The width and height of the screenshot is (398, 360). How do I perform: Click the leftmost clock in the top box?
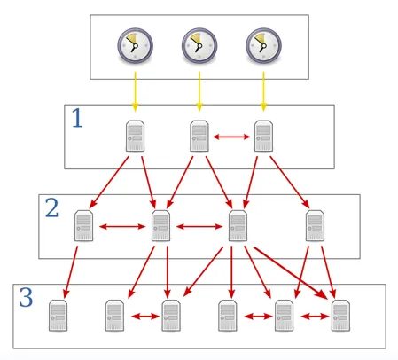[x=136, y=45]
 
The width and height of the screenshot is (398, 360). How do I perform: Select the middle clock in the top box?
[x=199, y=45]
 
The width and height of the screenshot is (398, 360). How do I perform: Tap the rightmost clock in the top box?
[x=263, y=45]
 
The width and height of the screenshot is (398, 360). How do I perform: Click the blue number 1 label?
[x=78, y=118]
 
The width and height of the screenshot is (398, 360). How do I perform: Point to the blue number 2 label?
[x=51, y=207]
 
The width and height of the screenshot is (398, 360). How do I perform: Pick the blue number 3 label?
[x=26, y=297]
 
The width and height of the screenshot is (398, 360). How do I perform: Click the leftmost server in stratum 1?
[x=136, y=136]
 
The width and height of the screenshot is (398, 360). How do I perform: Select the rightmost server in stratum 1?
[x=263, y=136]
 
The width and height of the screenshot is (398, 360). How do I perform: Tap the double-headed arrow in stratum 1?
[x=231, y=137]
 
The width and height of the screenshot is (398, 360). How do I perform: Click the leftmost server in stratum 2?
[x=84, y=226]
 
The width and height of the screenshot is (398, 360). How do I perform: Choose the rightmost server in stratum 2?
[x=315, y=226]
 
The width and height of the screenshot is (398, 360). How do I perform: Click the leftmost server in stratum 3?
[x=59, y=316]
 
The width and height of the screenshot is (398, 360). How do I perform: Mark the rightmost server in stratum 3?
[x=340, y=316]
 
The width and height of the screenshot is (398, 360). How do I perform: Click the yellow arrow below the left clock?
[x=136, y=91]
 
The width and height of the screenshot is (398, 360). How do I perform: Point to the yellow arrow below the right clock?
[x=263, y=91]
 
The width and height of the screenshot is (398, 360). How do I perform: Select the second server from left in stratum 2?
[x=160, y=226]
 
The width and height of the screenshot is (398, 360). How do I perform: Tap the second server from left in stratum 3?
[x=114, y=316]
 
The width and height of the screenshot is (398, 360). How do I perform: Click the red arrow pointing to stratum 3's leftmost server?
[x=71, y=272]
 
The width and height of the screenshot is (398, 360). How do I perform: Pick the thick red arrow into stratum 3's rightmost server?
[x=291, y=272]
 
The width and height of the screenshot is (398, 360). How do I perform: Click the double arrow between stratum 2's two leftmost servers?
[x=122, y=227]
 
